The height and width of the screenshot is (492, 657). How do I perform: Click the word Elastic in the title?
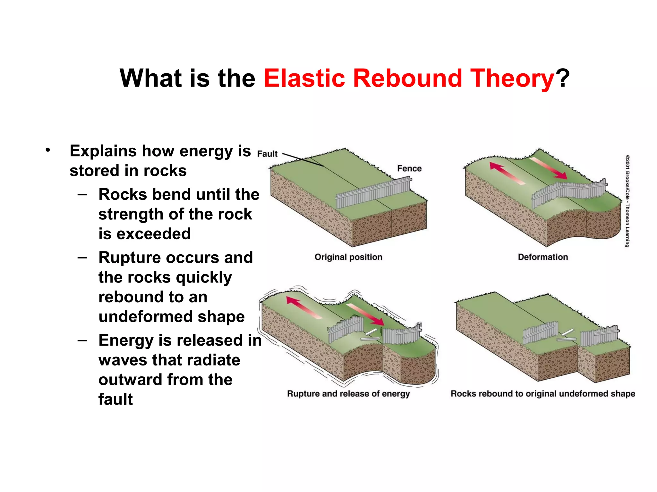304,78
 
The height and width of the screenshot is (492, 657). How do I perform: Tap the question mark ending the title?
563,78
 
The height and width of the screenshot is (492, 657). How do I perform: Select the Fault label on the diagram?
267,154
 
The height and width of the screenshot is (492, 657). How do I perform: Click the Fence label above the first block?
409,168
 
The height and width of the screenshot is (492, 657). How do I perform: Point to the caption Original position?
348,257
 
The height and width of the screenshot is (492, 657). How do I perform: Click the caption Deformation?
543,257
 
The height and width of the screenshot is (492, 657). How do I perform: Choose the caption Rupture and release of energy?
348,394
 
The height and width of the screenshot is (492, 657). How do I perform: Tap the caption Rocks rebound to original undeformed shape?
543,394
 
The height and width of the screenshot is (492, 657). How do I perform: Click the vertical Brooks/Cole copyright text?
627,201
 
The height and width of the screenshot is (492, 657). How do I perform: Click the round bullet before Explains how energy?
48,150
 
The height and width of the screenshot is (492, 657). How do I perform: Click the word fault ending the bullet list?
115,399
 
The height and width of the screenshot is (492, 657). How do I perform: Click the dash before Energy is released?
82,340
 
